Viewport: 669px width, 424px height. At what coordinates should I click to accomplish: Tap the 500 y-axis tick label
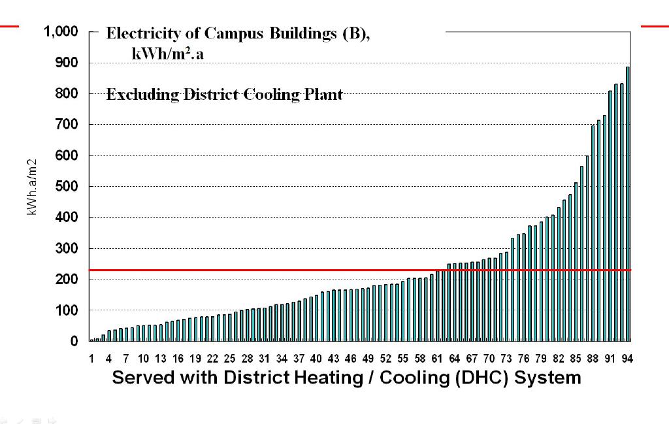pyautogui.click(x=68, y=187)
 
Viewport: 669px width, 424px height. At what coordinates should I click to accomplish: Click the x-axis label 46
pyautogui.click(x=351, y=359)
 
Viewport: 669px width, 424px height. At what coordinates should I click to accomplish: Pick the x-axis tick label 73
pyautogui.click(x=506, y=359)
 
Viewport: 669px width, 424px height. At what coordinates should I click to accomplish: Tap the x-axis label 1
pyautogui.click(x=91, y=359)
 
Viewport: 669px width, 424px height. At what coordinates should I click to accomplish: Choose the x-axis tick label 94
pyautogui.click(x=628, y=359)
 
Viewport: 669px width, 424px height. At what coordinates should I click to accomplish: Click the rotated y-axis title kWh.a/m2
pyautogui.click(x=31, y=187)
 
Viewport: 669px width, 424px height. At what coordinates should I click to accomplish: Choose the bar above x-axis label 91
pyautogui.click(x=610, y=216)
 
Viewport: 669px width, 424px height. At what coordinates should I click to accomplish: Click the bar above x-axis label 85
pyautogui.click(x=576, y=261)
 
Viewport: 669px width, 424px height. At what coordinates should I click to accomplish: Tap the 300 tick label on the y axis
pyautogui.click(x=68, y=249)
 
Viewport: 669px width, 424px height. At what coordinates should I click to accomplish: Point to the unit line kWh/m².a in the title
pyautogui.click(x=168, y=54)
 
